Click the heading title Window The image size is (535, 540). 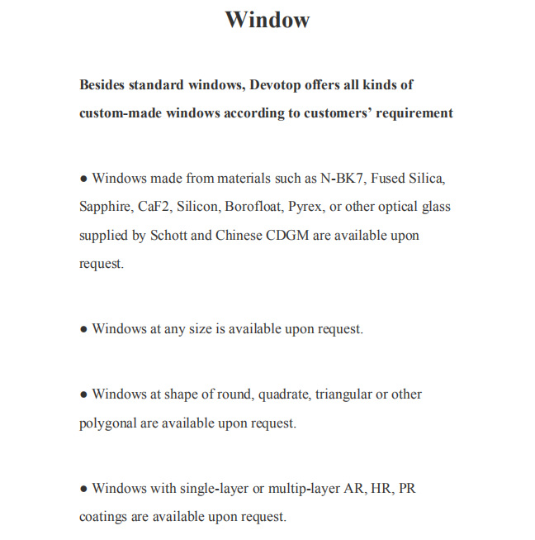[x=267, y=20]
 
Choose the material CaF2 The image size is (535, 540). [x=157, y=207]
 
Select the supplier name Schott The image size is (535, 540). [x=168, y=236]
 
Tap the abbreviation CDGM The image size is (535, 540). [x=289, y=236]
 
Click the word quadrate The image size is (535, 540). [x=284, y=394]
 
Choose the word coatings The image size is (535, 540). [x=103, y=517]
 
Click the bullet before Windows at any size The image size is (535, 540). [x=83, y=329]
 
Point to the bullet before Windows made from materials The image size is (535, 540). [x=83, y=179]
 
